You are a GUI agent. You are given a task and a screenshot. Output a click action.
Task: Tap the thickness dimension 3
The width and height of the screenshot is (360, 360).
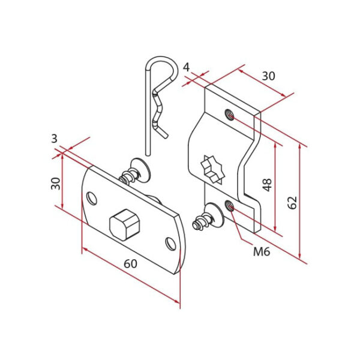pyautogui.click(x=54, y=139)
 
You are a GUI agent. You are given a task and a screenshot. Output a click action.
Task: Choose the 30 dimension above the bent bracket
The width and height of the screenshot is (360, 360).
pyautogui.click(x=268, y=76)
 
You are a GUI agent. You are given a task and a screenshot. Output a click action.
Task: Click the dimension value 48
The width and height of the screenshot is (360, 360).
pyautogui.click(x=267, y=184)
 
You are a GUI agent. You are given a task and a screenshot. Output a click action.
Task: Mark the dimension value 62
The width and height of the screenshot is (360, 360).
pyautogui.click(x=293, y=202)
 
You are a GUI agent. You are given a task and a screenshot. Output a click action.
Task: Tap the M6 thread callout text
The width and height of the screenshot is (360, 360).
pyautogui.click(x=261, y=251)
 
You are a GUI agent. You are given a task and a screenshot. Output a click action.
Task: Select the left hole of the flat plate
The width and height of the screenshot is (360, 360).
pyautogui.click(x=92, y=197)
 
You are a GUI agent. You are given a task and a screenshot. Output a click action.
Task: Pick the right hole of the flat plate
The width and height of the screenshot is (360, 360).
pyautogui.click(x=170, y=243)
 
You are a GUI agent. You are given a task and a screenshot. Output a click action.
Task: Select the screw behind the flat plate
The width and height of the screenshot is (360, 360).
pyautogui.click(x=136, y=172)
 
